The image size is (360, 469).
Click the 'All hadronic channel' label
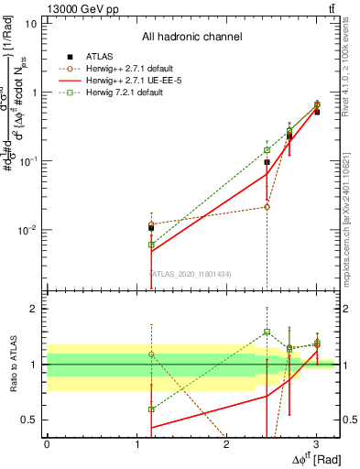191,38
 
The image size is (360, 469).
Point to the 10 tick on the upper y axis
30,24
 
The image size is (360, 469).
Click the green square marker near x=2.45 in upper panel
267,150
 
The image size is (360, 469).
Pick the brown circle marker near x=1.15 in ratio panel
151,354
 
